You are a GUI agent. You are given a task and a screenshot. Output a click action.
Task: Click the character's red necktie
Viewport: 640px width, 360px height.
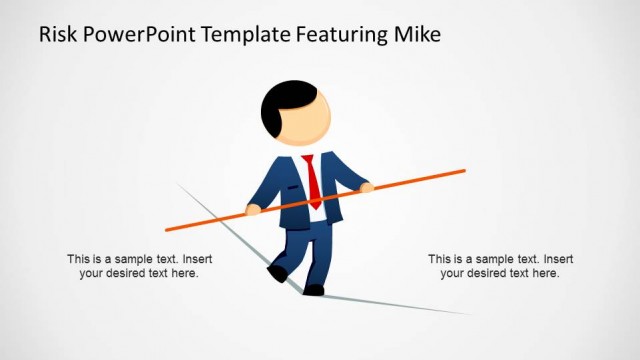tap(313, 180)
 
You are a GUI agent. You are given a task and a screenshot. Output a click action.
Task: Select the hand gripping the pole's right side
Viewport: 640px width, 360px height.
tap(366, 187)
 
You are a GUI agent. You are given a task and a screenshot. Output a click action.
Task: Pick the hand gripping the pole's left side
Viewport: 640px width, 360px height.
tap(254, 209)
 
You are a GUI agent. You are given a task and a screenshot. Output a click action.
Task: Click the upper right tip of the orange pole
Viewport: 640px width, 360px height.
tap(464, 171)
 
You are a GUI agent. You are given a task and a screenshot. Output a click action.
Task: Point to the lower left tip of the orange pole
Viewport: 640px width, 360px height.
tap(167, 228)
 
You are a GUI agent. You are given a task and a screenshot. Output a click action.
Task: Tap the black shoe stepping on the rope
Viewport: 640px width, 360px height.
tap(313, 290)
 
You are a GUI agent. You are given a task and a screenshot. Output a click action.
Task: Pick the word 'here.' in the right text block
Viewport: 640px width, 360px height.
tap(545, 273)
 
